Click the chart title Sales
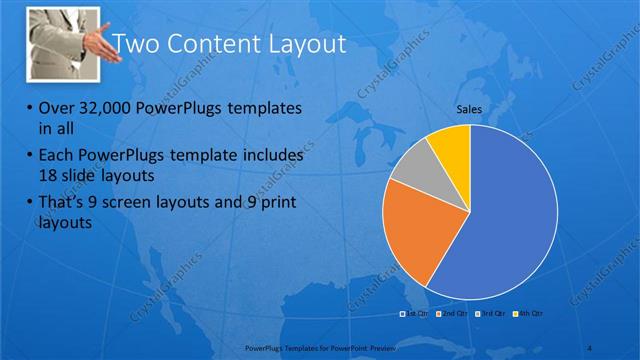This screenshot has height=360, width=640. point(470,109)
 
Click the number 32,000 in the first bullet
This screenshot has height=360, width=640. point(109,107)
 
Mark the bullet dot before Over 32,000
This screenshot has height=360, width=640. point(28,108)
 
